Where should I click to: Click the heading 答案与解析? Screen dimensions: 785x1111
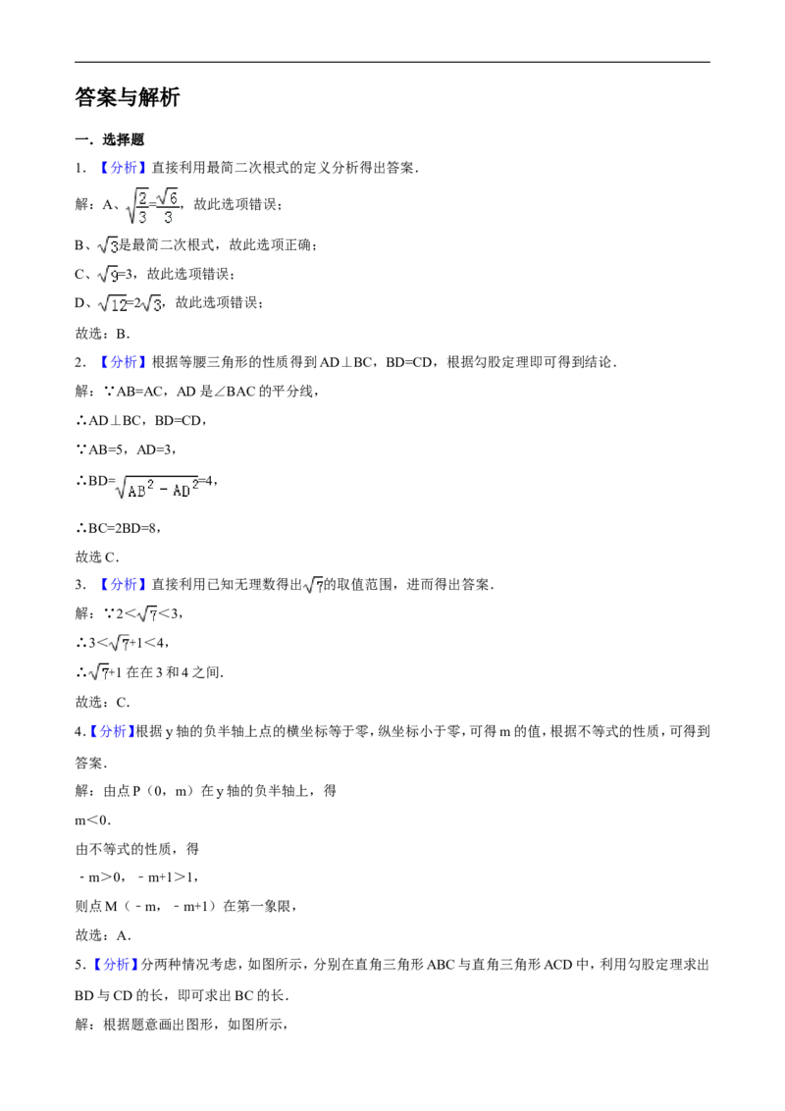coord(128,97)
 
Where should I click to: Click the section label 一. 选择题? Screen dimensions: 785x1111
coord(110,139)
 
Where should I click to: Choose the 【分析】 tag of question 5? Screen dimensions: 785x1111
coord(115,965)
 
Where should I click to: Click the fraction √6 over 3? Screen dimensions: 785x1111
coord(168,205)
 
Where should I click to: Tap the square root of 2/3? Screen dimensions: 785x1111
coord(137,205)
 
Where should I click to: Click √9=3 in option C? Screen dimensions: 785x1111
coord(116,274)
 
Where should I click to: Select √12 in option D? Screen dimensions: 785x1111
coord(113,304)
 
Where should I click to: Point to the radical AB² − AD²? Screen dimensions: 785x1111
coord(157,487)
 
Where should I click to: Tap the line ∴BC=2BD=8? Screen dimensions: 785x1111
coord(118,528)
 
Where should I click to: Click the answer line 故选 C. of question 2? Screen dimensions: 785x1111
coord(97,556)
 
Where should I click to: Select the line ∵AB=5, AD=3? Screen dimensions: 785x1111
coord(126,450)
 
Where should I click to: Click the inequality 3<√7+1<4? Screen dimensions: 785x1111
coord(128,644)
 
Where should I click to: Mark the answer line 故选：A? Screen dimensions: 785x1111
coord(103,935)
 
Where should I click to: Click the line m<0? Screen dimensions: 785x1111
coord(93,820)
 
